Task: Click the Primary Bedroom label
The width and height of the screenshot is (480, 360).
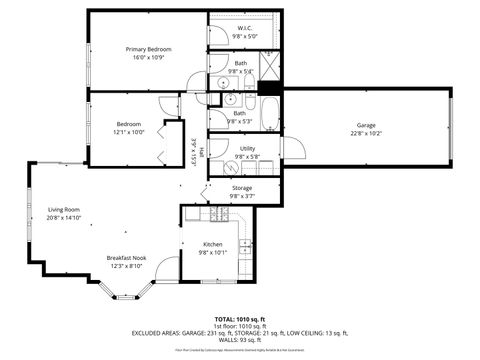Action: click(148, 49)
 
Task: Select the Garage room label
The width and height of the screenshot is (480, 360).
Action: click(366, 125)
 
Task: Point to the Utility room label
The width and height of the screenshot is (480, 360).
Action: click(247, 149)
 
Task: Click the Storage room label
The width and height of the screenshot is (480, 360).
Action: click(242, 187)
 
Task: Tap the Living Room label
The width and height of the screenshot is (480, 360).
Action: click(63, 209)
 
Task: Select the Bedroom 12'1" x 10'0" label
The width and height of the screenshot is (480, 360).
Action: click(128, 124)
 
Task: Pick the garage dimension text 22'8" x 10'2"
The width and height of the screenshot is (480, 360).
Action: click(366, 133)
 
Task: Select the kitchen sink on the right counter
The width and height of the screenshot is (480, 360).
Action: click(243, 244)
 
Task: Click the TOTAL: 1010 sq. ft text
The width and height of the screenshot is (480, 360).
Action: click(239, 319)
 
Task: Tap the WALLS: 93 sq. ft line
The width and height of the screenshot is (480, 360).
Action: click(239, 340)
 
